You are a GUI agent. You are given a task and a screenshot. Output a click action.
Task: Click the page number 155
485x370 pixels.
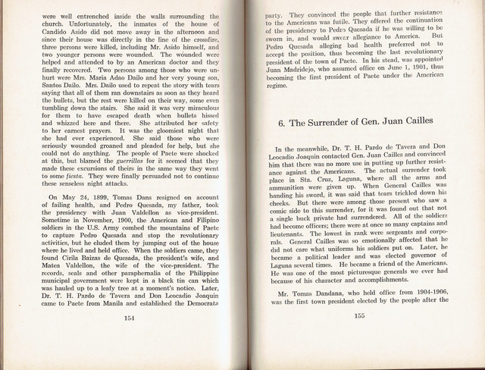pos(359,338)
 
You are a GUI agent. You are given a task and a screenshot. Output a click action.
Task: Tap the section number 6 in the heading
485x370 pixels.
pos(281,121)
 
